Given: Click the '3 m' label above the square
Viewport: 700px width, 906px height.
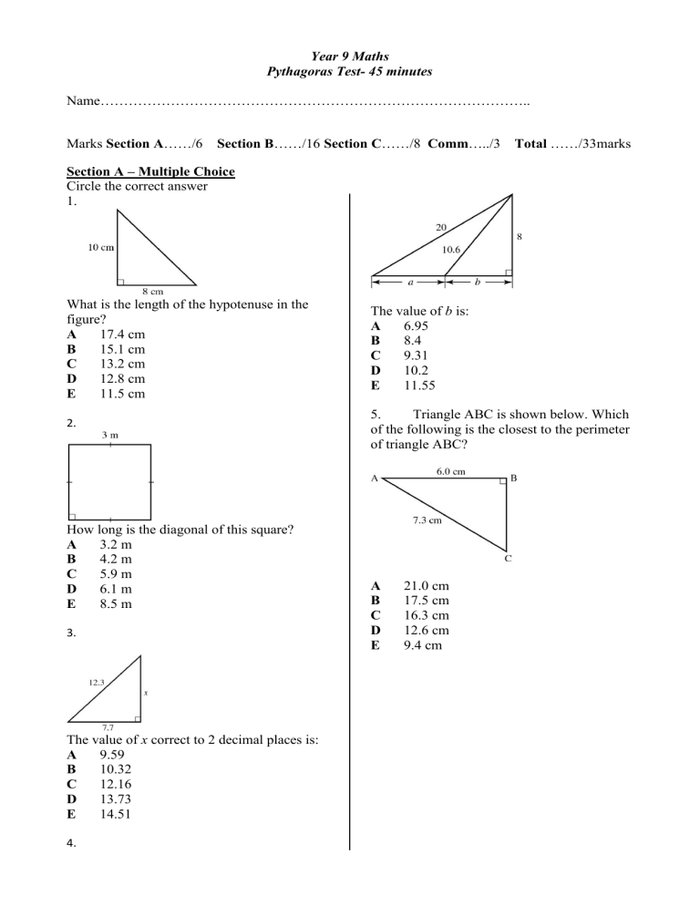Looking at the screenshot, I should pyautogui.click(x=108, y=435).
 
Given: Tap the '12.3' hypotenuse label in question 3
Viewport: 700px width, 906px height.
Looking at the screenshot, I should pyautogui.click(x=100, y=681).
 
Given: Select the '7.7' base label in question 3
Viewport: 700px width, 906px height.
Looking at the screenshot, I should pyautogui.click(x=108, y=726).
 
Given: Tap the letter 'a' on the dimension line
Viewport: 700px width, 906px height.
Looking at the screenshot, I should pyautogui.click(x=410, y=282).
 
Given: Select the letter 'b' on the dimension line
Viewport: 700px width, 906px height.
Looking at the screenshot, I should pyautogui.click(x=478, y=282).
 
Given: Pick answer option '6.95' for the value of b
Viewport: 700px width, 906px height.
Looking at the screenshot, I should pyautogui.click(x=418, y=326).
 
